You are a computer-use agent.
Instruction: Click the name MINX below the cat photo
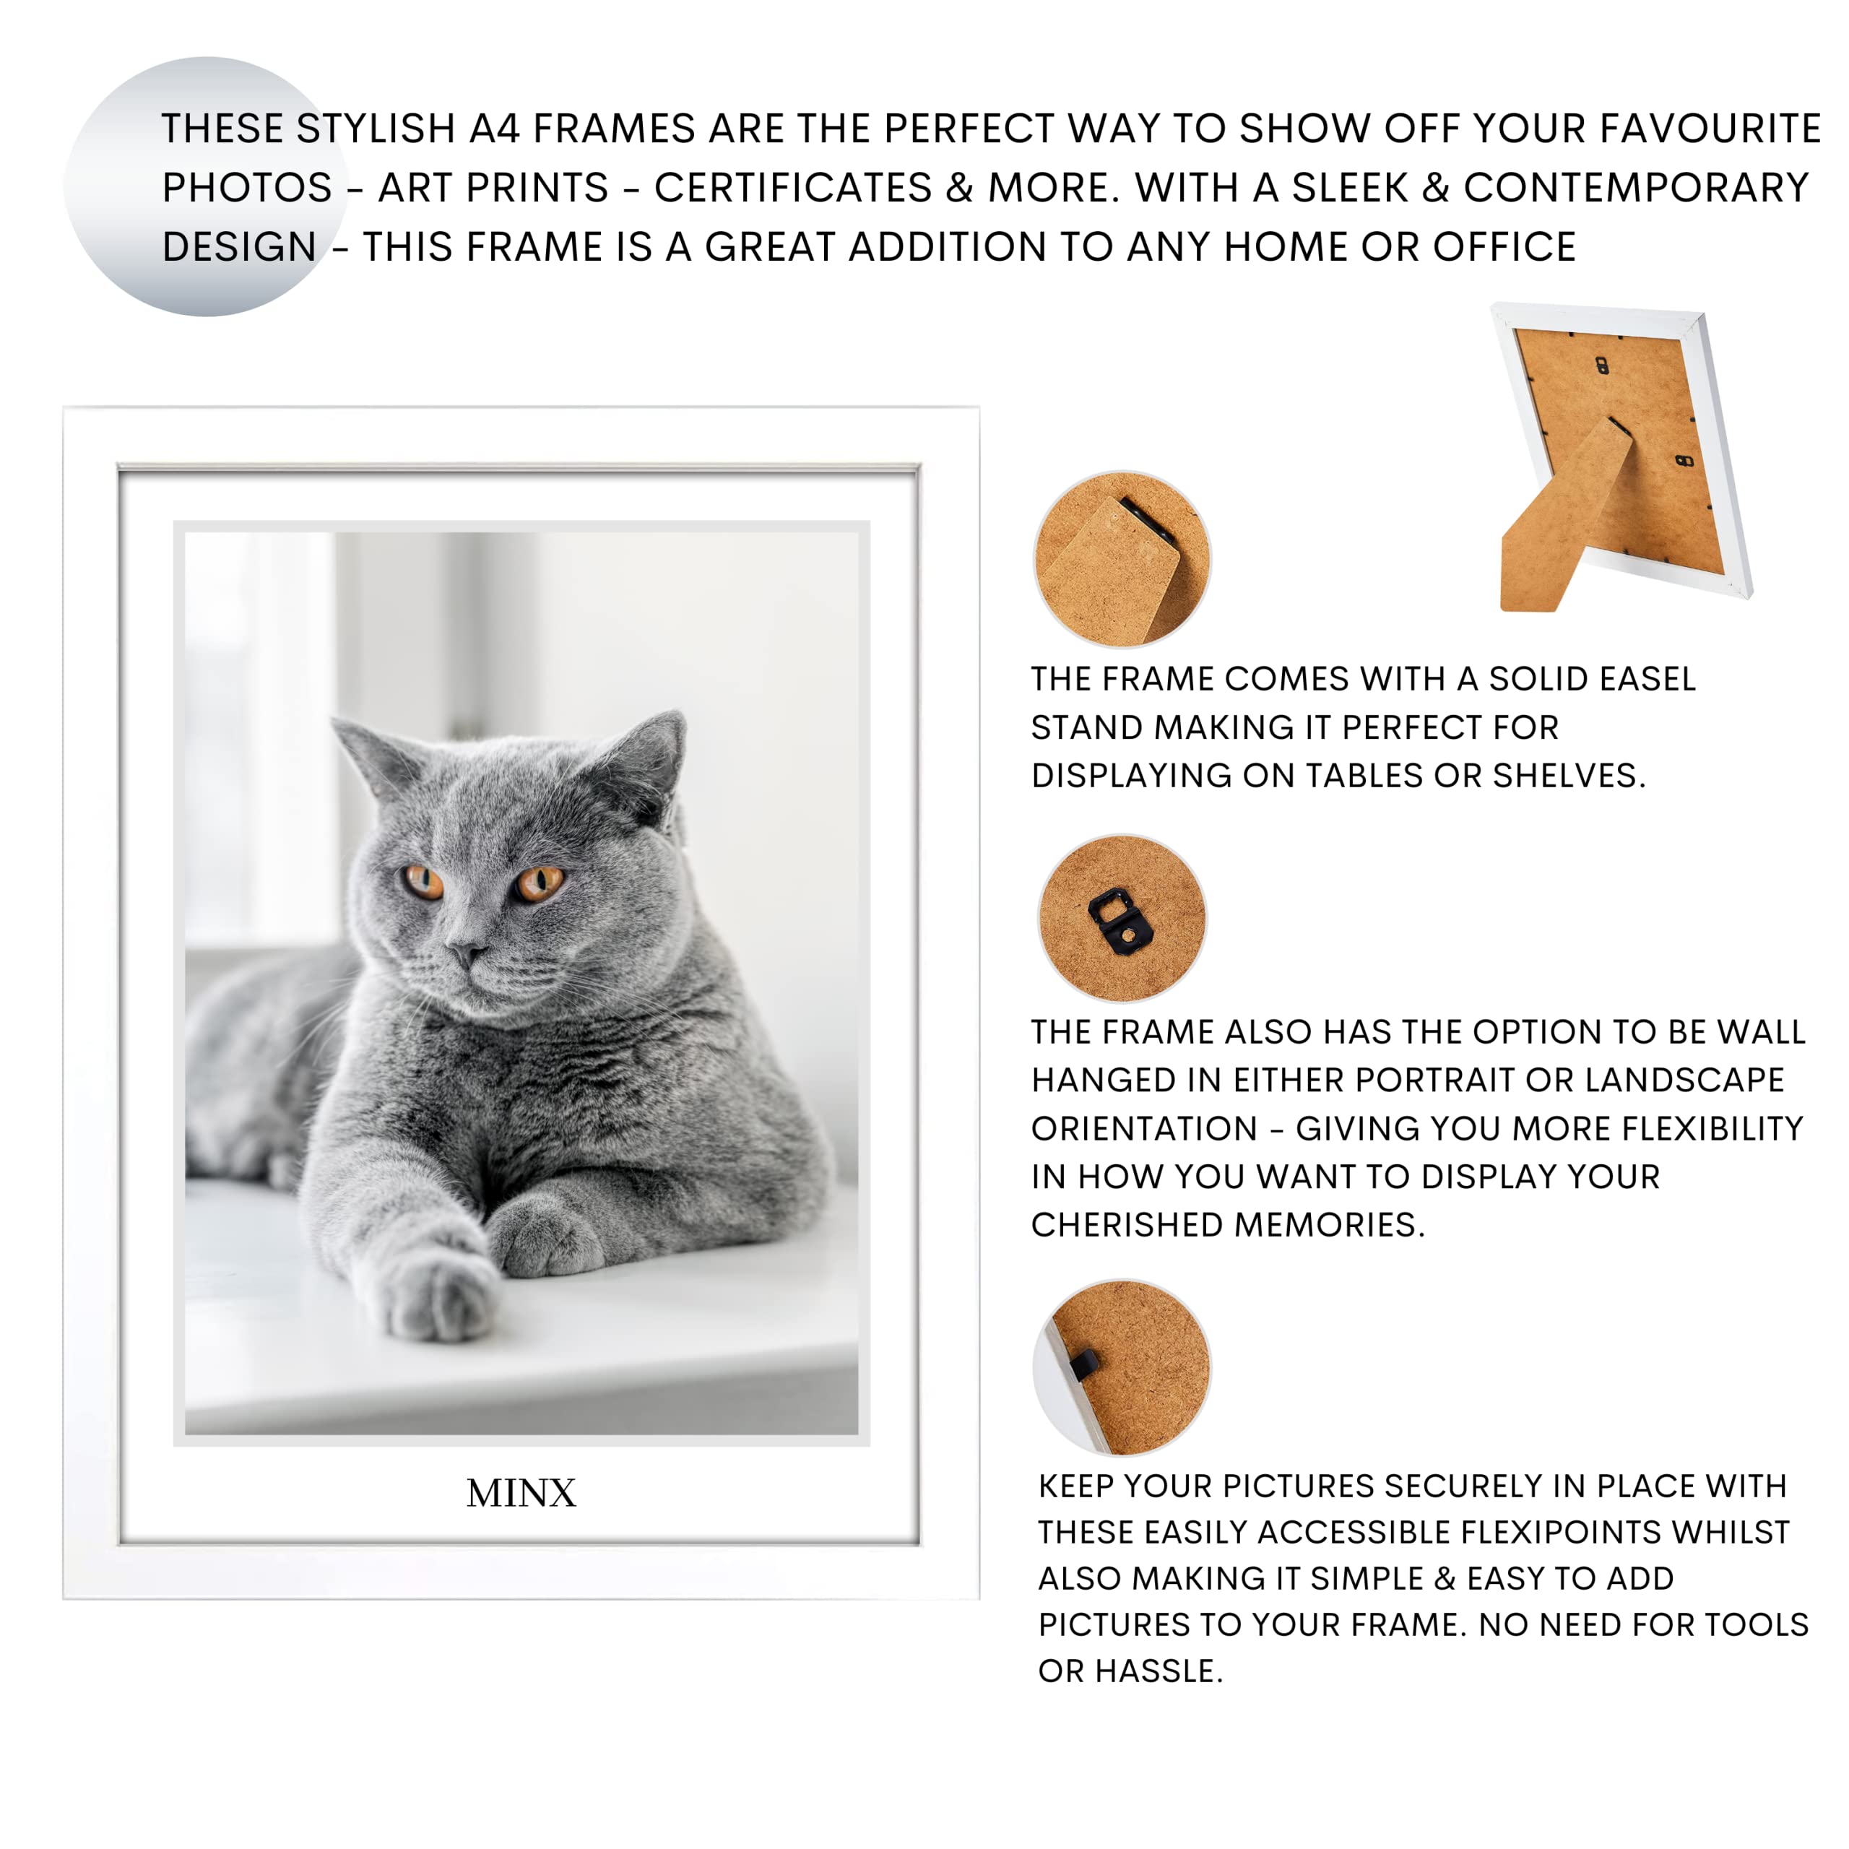[x=521, y=1493]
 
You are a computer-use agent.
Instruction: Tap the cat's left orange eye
[x=422, y=880]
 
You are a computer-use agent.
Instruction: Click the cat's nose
[x=466, y=953]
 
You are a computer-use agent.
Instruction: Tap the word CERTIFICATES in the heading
[x=792, y=188]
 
